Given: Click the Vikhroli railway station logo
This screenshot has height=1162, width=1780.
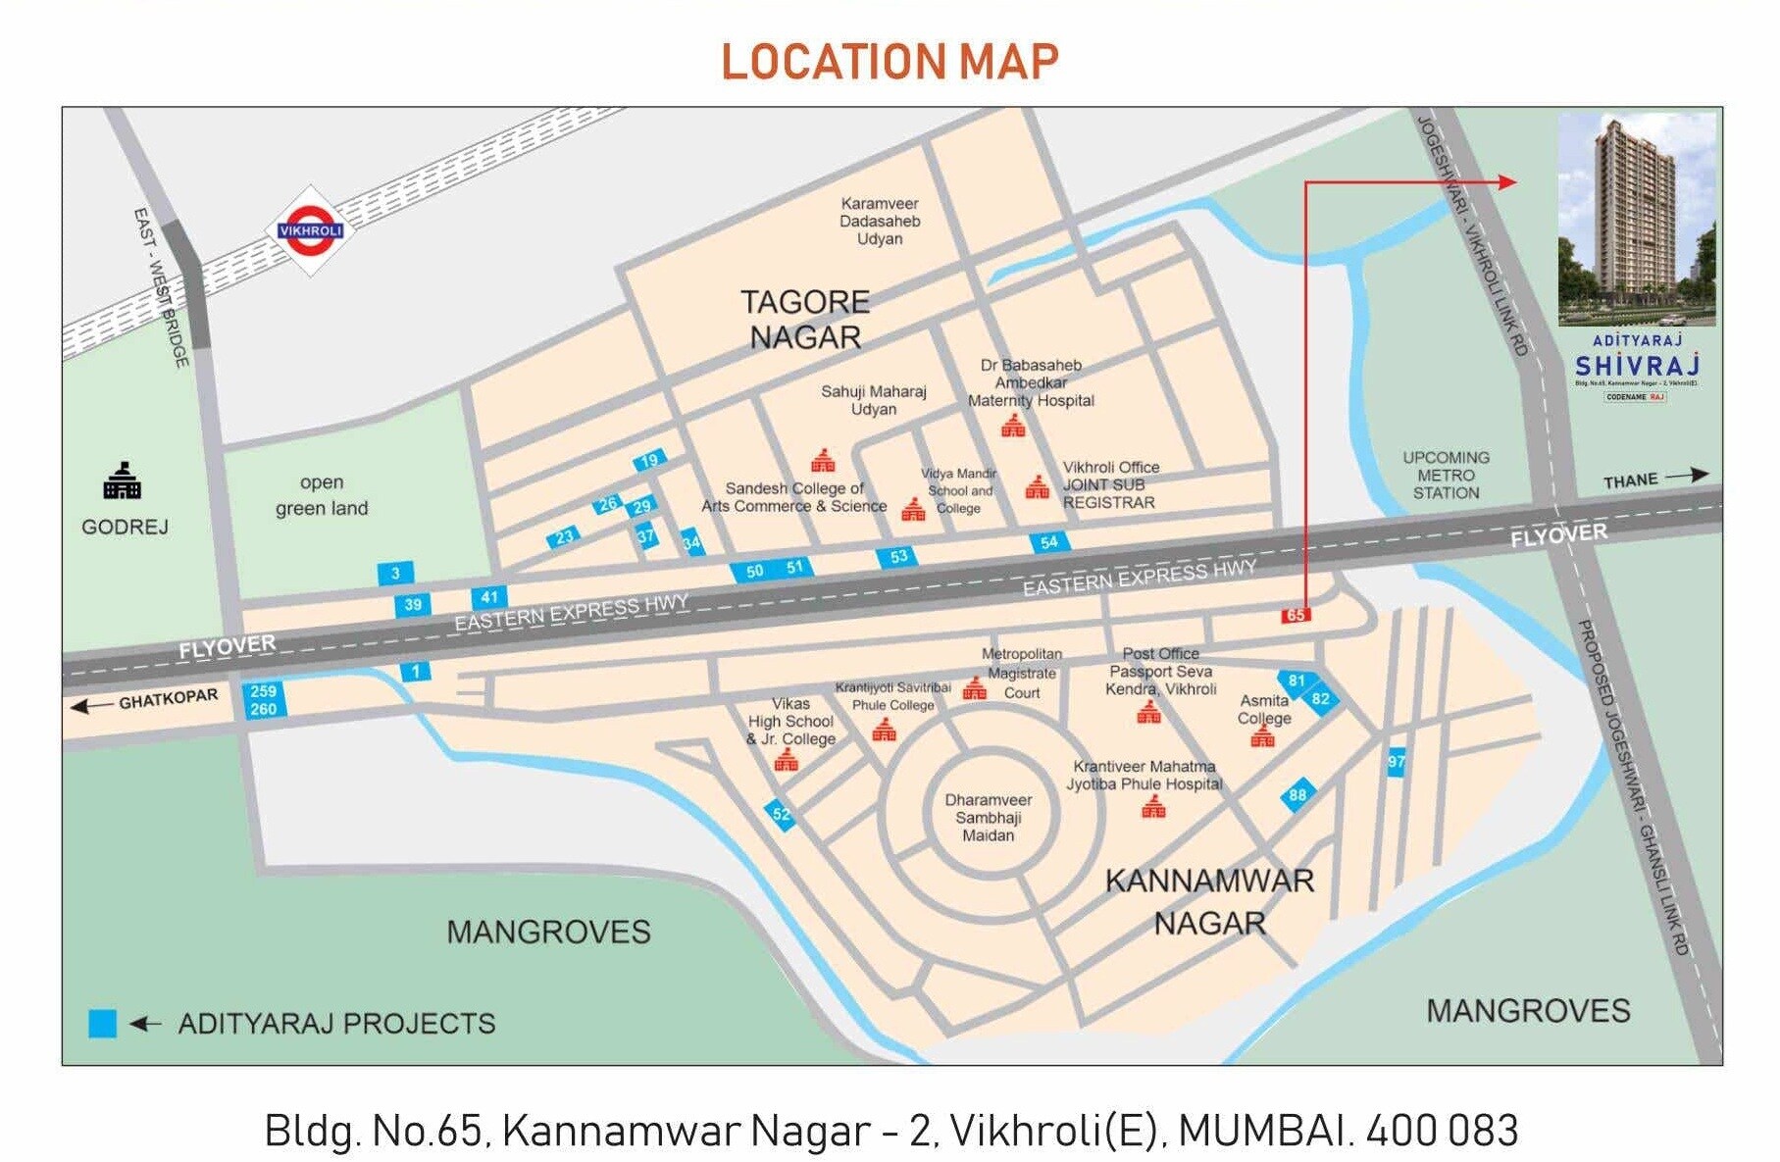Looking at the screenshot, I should [310, 231].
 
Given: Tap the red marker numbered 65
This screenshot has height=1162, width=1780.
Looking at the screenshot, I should [1296, 615].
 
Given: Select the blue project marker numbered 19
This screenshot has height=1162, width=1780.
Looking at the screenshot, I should [649, 460].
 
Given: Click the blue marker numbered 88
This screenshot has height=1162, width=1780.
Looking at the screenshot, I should [1297, 795].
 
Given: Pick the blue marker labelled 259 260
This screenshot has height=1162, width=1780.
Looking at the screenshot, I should [263, 700].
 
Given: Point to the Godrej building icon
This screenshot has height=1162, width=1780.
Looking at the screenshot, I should [123, 481].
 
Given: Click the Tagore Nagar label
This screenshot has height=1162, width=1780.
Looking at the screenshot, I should [804, 319].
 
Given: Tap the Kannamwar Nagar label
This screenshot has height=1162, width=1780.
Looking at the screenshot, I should [1209, 901].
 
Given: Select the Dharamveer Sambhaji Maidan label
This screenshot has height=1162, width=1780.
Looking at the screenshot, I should [988, 817].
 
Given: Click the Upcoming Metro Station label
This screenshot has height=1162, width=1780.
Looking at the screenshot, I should [1446, 475].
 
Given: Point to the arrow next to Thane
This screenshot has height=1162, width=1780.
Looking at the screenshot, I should [1686, 476].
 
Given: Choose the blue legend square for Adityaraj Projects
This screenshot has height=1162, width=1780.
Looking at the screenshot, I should [102, 1023].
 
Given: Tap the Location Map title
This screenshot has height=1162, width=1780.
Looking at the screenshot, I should [890, 62].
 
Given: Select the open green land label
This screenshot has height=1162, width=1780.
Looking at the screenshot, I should [322, 495].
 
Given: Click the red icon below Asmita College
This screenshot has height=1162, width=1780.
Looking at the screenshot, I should [1262, 736].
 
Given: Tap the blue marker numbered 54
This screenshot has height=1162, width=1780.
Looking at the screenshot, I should [1049, 542].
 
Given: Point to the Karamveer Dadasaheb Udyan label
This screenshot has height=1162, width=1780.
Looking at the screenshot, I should [880, 221].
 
